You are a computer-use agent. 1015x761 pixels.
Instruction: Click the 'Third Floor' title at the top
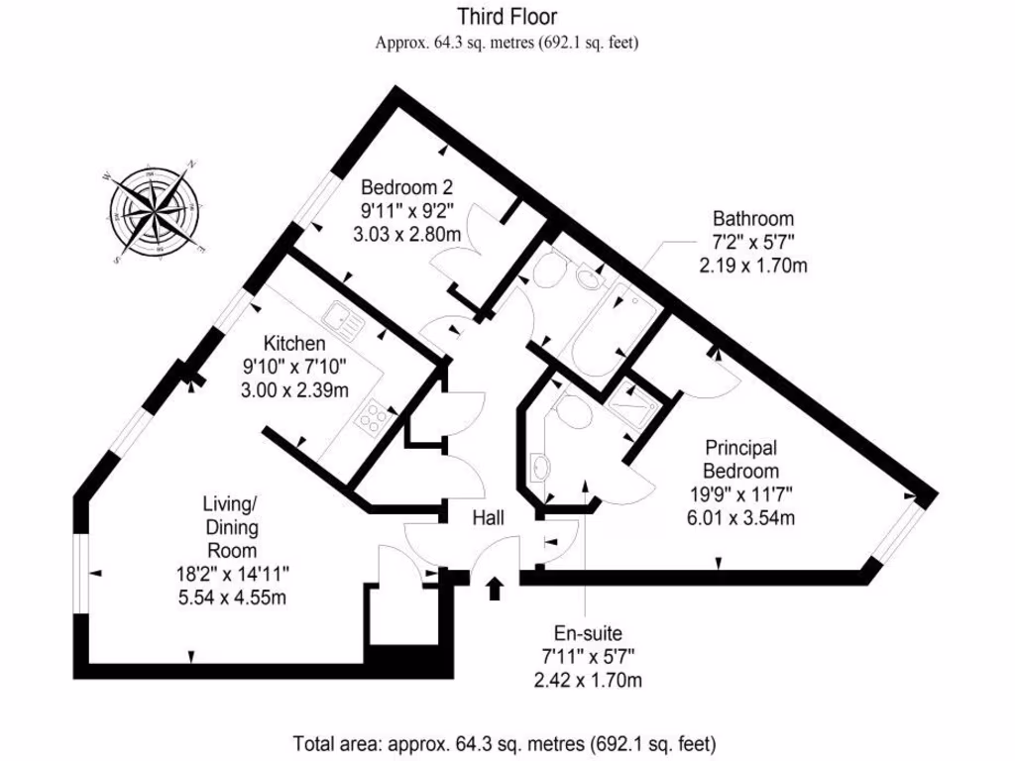(x=507, y=17)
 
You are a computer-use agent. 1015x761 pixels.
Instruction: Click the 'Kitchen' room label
(x=294, y=344)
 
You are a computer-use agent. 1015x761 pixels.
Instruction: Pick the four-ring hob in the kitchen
(x=373, y=419)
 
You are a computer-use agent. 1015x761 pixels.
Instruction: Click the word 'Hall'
(x=488, y=518)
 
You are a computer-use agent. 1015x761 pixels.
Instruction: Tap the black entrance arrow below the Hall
(x=494, y=590)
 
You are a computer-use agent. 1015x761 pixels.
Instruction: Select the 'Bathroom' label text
(x=753, y=219)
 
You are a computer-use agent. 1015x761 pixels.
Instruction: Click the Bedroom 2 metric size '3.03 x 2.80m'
(x=406, y=235)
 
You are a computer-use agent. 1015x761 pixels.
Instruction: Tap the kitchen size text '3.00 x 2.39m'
(x=294, y=390)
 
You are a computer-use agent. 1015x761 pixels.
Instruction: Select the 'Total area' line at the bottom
(x=505, y=743)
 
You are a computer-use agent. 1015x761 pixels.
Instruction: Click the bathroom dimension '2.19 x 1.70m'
(x=753, y=266)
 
